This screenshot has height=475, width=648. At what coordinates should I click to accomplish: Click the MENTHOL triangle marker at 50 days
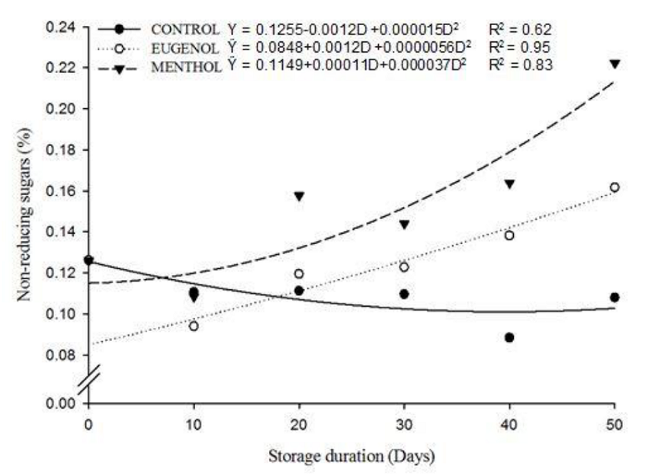pyautogui.click(x=614, y=64)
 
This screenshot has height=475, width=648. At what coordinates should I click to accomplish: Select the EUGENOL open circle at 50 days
pyautogui.click(x=614, y=187)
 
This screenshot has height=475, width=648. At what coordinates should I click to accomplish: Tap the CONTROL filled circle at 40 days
pyautogui.click(x=509, y=337)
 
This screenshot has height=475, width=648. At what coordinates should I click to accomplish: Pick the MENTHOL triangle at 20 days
pyautogui.click(x=299, y=196)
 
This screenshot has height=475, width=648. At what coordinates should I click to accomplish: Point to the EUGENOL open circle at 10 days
pyautogui.click(x=194, y=326)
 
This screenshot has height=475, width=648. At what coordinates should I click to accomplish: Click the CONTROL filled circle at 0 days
pyautogui.click(x=88, y=260)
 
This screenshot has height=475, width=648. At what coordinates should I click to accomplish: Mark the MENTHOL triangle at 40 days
pyautogui.click(x=509, y=184)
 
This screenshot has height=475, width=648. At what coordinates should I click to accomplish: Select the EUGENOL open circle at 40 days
pyautogui.click(x=509, y=236)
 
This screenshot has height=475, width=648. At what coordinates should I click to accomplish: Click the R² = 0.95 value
pyautogui.click(x=520, y=48)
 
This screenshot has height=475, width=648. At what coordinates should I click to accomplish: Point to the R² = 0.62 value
pyautogui.click(x=520, y=30)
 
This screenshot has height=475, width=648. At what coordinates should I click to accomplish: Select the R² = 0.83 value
pyautogui.click(x=520, y=65)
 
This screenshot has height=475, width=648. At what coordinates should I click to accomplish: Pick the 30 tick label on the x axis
pyautogui.click(x=404, y=423)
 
